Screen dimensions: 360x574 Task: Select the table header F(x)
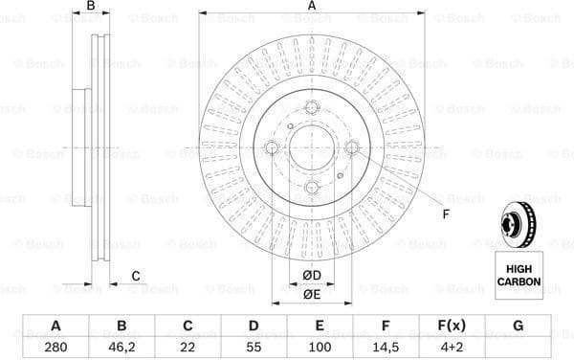tap(452, 326)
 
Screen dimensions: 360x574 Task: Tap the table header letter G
tap(518, 326)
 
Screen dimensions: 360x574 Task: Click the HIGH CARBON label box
tap(518, 277)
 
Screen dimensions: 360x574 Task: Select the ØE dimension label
tap(313, 296)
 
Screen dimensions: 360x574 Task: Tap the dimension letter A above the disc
tap(312, 8)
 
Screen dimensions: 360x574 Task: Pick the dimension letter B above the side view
tap(92, 8)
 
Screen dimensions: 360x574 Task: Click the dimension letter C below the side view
tap(135, 277)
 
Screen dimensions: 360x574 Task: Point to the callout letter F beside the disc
tap(445, 214)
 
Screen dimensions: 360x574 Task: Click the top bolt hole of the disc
tap(312, 108)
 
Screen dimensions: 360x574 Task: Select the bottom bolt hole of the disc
tap(312, 188)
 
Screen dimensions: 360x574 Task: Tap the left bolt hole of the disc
tap(272, 147)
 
